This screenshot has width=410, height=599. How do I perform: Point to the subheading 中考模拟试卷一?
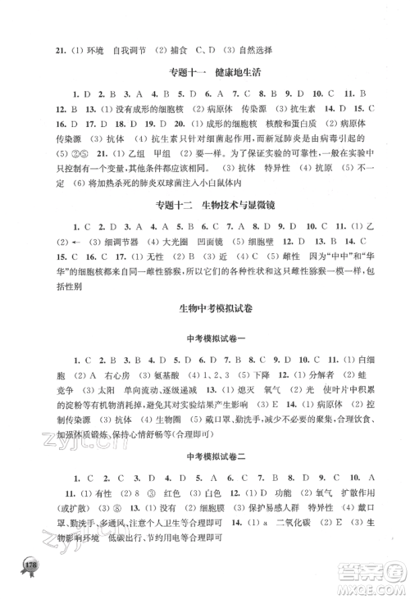[x=203, y=338]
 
